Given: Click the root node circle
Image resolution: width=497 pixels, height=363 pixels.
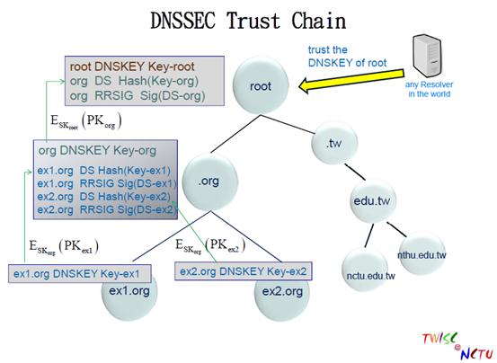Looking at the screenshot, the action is point(261,85).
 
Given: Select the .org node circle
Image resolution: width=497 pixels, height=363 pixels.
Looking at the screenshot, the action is point(210,181).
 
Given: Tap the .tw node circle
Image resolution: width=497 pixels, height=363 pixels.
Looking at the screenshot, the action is point(334,144).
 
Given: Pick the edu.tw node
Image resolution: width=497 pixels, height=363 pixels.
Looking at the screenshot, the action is point(372,201).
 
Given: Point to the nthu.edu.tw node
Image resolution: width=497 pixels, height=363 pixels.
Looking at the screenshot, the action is point(422,253).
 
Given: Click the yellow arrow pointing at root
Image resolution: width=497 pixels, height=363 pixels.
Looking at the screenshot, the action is point(351,82).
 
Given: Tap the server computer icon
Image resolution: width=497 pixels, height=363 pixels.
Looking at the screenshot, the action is point(427,56).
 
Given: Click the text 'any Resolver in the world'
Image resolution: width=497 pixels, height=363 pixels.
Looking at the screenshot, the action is point(429,89).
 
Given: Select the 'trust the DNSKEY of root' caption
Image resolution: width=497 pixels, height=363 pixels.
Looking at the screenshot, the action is point(347,57).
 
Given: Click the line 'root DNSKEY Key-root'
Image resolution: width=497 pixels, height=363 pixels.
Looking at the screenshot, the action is point(132,66).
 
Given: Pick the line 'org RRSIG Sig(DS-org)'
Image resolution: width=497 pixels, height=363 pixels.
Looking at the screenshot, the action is point(138,95).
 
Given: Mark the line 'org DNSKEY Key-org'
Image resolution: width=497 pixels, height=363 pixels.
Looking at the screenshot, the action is point(97,150).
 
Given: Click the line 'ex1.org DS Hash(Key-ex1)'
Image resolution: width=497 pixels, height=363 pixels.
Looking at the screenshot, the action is point(104,171).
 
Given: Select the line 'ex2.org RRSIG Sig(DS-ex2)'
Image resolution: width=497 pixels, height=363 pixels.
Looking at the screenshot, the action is point(106,209).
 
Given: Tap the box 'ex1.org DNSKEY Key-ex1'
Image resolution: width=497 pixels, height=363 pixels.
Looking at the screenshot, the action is point(80,274).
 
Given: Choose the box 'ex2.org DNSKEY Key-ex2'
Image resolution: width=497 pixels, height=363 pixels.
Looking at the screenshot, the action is point(244,271).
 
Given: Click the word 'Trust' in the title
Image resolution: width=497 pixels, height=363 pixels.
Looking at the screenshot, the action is point(253,21).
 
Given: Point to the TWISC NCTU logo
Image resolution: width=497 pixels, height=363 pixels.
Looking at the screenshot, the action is point(457,346).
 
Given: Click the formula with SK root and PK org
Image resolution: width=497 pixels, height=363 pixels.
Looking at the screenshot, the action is point(86,121).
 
